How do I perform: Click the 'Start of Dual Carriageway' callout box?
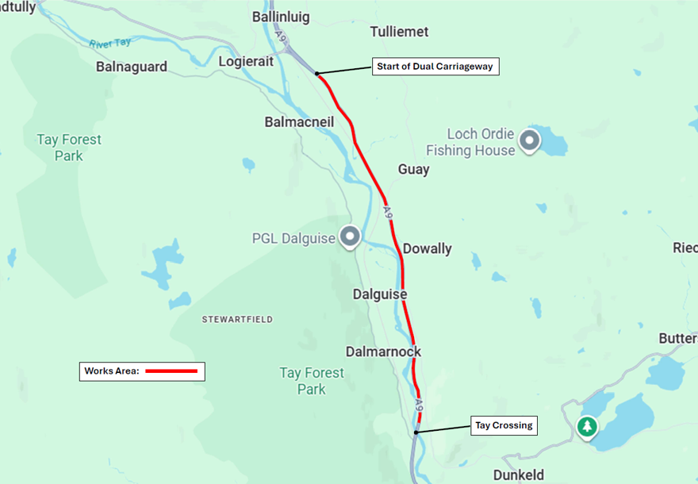point(435,67)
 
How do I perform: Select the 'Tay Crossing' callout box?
point(504,425)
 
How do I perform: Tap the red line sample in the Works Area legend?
point(171,371)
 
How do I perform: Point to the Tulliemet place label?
point(399,32)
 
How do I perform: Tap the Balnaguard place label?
point(132,67)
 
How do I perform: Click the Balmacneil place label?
point(299,122)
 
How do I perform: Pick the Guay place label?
point(413,169)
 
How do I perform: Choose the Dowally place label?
point(427,248)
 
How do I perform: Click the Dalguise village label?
point(380,294)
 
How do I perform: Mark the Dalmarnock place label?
point(384,351)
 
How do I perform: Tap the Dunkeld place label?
point(519,474)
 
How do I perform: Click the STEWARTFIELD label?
point(237,319)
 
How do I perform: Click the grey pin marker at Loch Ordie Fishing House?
point(529,142)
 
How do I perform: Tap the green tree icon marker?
point(587,427)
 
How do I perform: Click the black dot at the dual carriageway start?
point(316,74)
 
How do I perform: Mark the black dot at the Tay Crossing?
point(416,432)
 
